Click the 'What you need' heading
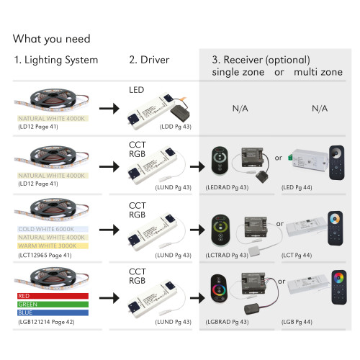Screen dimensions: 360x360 [x=52, y=39]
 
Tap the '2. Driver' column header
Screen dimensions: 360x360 [x=149, y=60]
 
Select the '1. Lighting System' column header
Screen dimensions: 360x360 [x=56, y=60]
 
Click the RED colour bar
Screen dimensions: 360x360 [x=53, y=296]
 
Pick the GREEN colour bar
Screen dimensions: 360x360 [x=53, y=305]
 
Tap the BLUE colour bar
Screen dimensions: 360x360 [x=53, y=312]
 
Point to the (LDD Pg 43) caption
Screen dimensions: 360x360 [x=176, y=127]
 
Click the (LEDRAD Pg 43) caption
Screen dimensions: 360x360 [x=227, y=187]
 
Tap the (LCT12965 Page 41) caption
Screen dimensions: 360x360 [x=45, y=256]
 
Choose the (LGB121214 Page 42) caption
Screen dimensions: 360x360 [x=46, y=322]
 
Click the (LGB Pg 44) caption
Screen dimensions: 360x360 [x=297, y=322]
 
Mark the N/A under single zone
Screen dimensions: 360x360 [x=240, y=109]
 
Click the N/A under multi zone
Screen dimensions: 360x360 [x=320, y=109]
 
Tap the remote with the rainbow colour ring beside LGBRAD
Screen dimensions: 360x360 [x=219, y=288]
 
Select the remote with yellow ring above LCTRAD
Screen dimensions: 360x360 [x=220, y=230]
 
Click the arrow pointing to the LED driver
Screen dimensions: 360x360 [x=109, y=109]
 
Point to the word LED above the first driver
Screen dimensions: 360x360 [x=137, y=90]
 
